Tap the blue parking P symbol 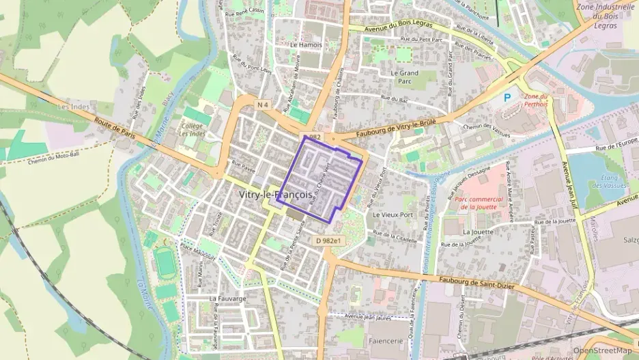(507, 98)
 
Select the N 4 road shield (264, 105)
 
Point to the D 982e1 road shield (328, 241)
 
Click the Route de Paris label (115, 128)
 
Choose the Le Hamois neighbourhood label (305, 45)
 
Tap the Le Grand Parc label (404, 77)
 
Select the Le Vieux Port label (393, 214)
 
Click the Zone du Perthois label (535, 101)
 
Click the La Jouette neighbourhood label (477, 232)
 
